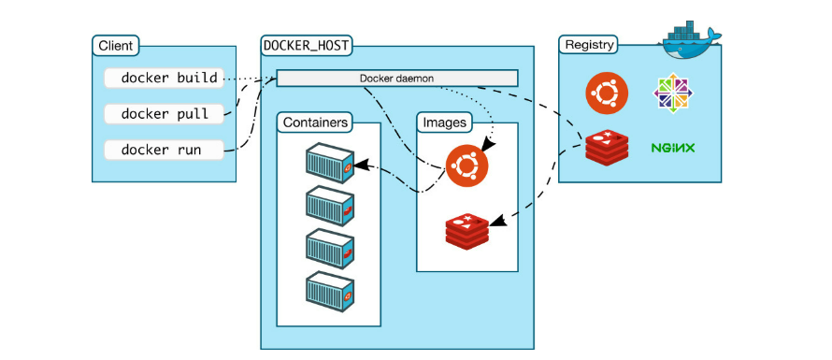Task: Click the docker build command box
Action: [x=165, y=78]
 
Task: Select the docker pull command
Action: [x=165, y=113]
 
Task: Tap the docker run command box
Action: [x=165, y=150]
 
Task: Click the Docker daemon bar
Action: [x=396, y=78]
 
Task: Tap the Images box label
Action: [x=445, y=122]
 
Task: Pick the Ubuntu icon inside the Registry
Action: [x=606, y=93]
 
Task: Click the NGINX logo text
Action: [x=673, y=148]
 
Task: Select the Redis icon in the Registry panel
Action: [x=606, y=148]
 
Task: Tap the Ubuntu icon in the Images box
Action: [x=466, y=166]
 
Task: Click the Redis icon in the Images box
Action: [x=466, y=228]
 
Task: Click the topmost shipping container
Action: [x=329, y=164]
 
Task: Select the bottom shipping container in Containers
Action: [x=329, y=293]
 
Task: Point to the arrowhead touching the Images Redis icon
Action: [x=495, y=221]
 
